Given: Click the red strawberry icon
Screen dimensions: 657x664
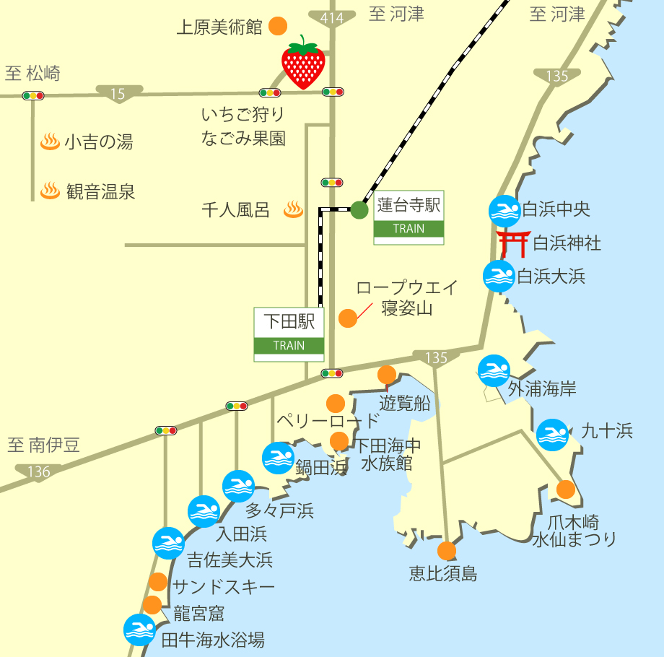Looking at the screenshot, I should point(303,63).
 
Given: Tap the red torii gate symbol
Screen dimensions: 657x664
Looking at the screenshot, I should point(513,244).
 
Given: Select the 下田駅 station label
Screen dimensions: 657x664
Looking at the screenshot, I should point(289,321).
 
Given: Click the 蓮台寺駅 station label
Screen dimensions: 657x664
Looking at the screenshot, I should point(409,205).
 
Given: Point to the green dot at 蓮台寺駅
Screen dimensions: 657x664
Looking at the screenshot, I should point(359,210).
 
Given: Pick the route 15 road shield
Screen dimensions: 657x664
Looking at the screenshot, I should point(118,93).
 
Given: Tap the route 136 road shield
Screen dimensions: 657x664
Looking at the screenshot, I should point(38,472).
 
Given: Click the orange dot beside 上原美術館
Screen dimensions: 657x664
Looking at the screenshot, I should point(277,27).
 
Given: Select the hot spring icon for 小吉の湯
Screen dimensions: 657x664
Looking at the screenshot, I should point(49,141).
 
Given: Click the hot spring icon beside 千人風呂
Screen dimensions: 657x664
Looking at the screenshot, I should point(292,209).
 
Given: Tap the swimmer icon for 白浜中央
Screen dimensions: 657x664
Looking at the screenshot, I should point(504,211).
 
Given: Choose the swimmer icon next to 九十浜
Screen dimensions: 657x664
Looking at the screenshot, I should point(552,435).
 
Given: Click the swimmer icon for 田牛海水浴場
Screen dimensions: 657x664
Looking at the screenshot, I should point(139,630).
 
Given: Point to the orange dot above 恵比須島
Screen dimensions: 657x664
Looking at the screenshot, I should point(447,551).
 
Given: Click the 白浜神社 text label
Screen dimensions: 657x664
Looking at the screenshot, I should point(567,243).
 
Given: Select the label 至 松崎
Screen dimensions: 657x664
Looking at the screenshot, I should point(33,73).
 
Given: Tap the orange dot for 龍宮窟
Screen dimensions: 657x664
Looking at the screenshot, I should point(152,605).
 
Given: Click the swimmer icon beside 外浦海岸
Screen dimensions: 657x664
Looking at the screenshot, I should point(494,370).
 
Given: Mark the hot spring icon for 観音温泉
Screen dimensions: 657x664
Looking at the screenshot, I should point(49,191).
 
